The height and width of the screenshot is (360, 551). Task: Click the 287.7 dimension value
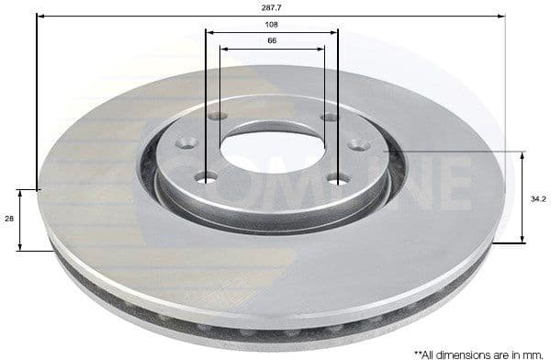click(271, 7)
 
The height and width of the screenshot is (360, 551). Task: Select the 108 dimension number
click(271, 25)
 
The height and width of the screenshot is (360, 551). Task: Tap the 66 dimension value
click(271, 41)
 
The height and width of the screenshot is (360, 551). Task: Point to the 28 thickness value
click(8, 219)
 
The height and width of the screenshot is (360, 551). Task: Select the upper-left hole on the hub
click(218, 116)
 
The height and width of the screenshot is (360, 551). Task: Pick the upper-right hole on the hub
click(329, 116)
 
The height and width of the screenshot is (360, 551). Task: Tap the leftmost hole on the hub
click(187, 143)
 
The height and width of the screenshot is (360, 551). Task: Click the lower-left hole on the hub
click(207, 176)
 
